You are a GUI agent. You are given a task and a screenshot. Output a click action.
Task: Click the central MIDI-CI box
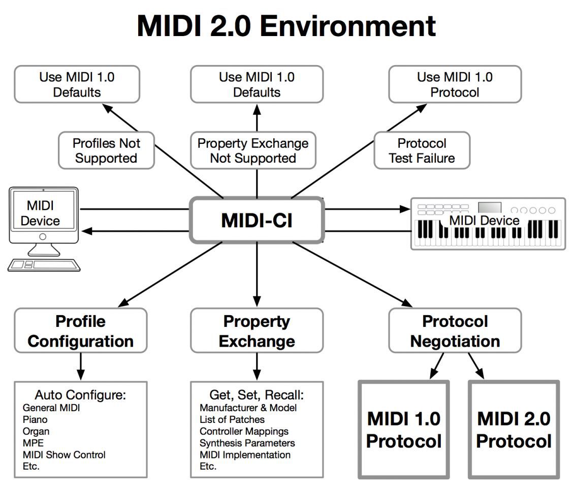point(257,220)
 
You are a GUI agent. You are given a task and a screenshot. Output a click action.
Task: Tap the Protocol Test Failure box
point(422,150)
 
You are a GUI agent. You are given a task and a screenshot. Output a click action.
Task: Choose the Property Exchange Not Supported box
point(253,150)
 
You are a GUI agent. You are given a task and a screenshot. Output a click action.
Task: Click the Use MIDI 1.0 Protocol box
point(455,84)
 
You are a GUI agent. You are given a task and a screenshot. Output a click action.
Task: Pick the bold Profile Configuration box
point(81,330)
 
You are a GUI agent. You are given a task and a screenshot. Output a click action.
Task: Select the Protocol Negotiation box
point(455,330)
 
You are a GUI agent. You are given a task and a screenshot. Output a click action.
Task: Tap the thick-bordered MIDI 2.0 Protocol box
point(513,429)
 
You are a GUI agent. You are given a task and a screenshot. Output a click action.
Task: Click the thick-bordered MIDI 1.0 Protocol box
point(403,429)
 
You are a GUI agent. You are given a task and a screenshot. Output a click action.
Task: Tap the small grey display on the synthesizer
point(490,208)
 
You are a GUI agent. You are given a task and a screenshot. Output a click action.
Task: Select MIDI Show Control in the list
point(64,454)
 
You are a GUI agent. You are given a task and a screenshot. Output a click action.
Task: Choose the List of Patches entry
point(232,419)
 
